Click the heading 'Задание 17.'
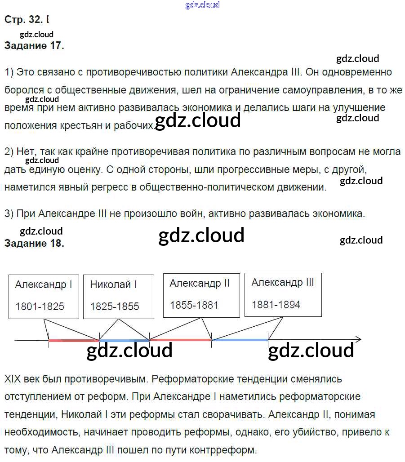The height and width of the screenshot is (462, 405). [34, 46]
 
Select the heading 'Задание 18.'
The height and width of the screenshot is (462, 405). [34, 244]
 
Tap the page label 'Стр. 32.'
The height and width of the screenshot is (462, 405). [24, 20]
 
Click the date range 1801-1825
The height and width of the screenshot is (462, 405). [40, 307]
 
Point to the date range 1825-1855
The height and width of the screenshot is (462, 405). [115, 307]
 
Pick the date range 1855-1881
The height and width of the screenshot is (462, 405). [194, 305]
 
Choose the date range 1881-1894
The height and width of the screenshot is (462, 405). [276, 304]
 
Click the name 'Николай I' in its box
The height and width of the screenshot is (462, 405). [113, 284]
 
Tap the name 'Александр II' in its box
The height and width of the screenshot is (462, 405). [200, 283]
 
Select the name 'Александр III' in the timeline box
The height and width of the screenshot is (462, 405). [283, 282]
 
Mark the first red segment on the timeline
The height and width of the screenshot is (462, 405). [74, 341]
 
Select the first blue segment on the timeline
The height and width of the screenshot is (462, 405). [125, 341]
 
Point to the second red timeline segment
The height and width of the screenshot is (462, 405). [180, 340]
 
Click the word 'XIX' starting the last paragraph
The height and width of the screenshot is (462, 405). [13, 379]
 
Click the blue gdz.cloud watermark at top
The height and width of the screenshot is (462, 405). [202, 5]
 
